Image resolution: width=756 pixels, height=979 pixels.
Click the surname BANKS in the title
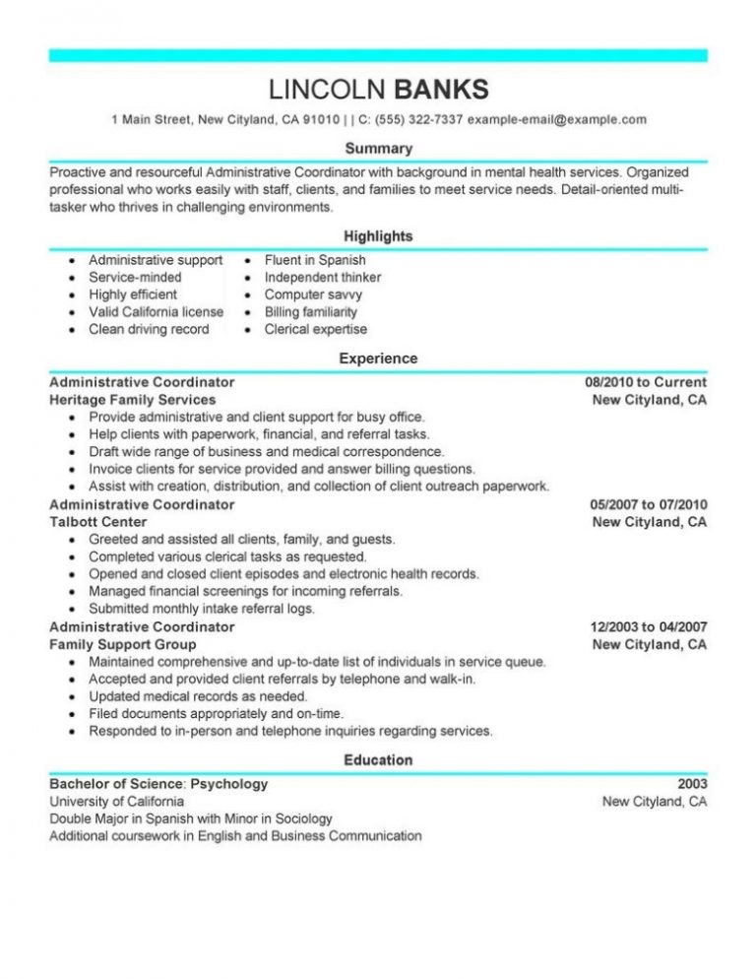441,90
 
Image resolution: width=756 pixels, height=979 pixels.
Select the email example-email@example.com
557,120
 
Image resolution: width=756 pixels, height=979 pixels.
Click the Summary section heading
378,148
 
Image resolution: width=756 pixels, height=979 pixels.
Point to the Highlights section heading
378,236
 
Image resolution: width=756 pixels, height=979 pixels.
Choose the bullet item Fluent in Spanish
315,260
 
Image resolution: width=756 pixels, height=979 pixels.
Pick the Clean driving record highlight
149,329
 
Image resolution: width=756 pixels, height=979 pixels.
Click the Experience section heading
378,359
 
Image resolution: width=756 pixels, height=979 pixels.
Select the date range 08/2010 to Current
645,382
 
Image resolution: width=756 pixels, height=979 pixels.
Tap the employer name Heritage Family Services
133,400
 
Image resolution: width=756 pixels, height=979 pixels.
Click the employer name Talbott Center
98,522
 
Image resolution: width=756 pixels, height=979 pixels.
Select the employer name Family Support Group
117,644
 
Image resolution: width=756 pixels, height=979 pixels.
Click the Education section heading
378,759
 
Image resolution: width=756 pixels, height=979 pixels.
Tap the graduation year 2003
691,784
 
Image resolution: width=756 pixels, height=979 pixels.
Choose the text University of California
116,802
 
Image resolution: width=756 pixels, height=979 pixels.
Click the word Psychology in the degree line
228,784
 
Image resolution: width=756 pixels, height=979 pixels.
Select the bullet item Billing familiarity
311,312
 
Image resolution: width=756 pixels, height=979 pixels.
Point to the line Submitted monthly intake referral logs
202,609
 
